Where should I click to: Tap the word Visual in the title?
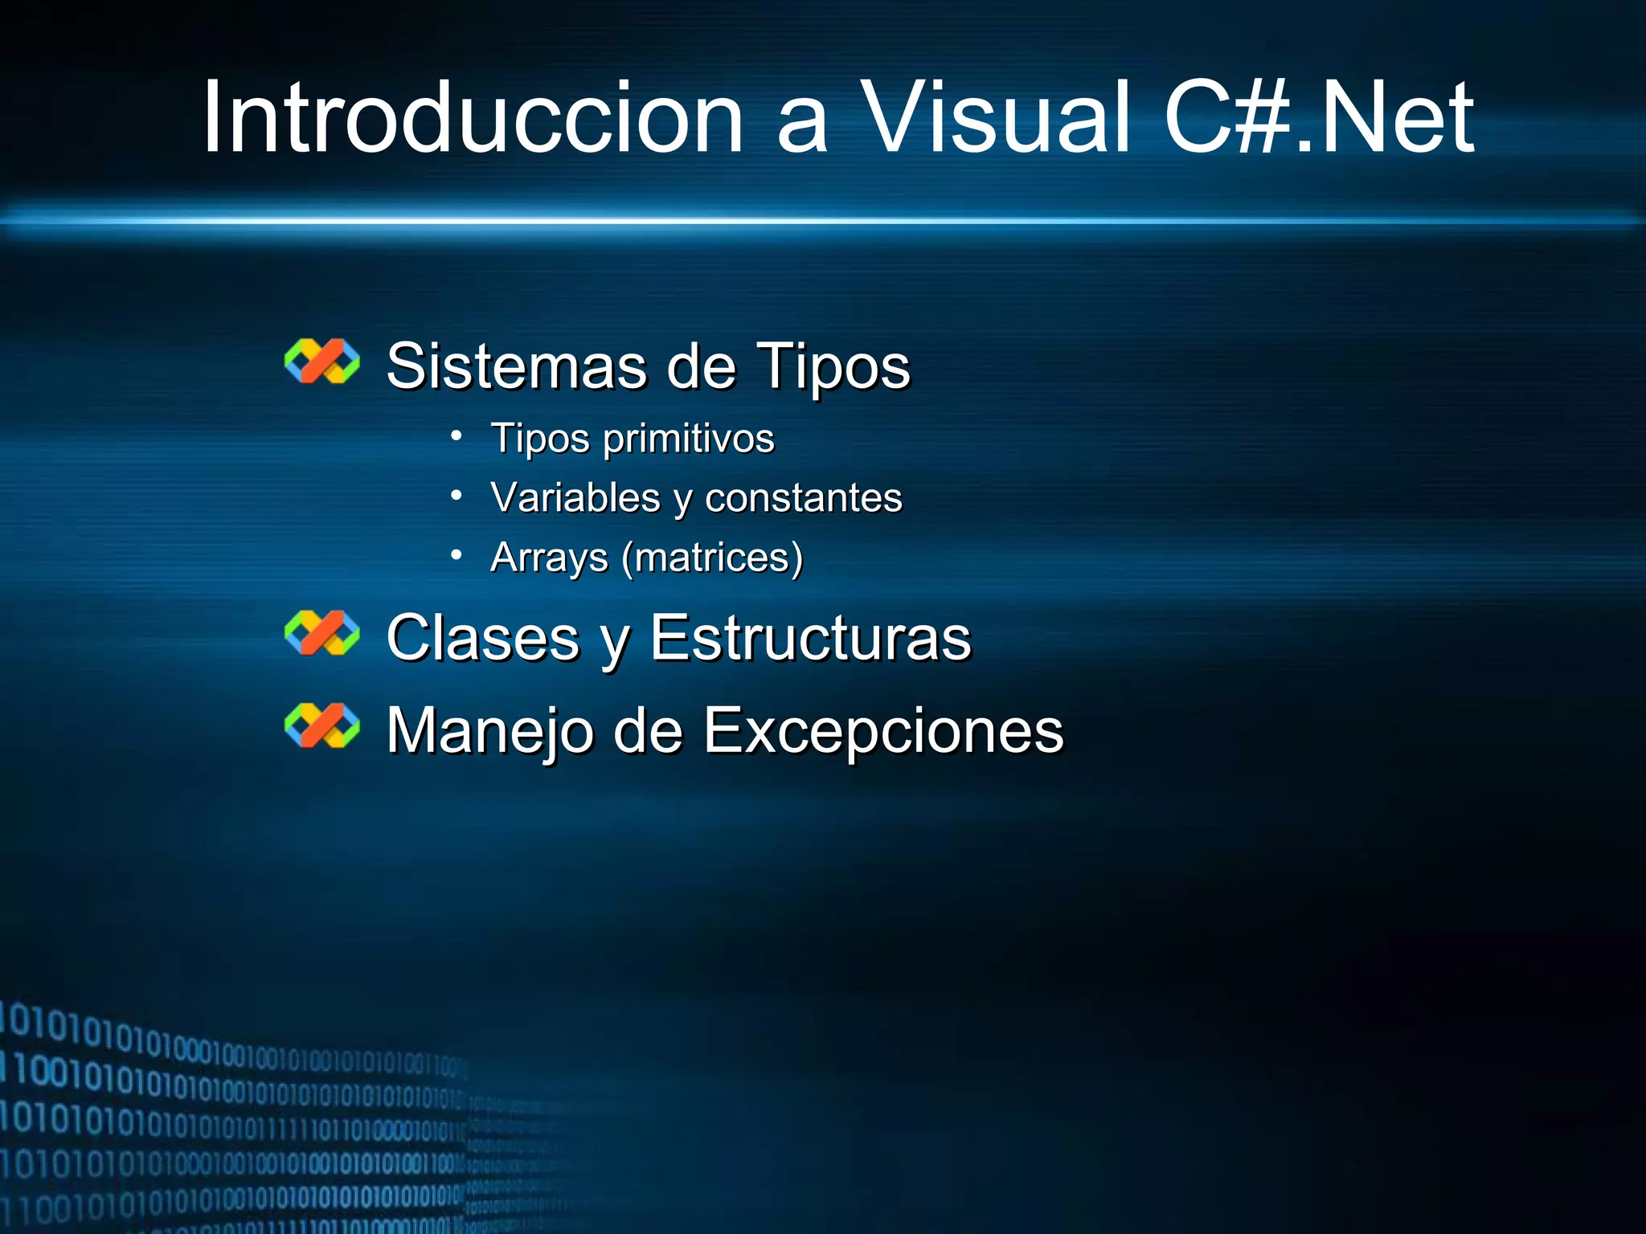(x=997, y=118)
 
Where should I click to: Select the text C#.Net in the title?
(x=1318, y=118)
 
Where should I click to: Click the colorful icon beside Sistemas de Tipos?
(x=322, y=362)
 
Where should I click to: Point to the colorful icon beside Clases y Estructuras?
(x=322, y=633)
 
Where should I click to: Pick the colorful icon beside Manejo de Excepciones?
(x=322, y=725)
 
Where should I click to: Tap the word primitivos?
(x=688, y=439)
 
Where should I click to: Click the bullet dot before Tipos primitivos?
(x=457, y=436)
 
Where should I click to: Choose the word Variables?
(x=575, y=497)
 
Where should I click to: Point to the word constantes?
(x=804, y=498)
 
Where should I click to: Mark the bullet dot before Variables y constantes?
(x=457, y=496)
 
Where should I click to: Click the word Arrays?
(x=549, y=558)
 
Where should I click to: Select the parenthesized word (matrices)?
(x=712, y=558)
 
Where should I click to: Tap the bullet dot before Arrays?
(x=457, y=555)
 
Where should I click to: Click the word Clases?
(x=482, y=638)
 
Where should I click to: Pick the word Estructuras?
(x=810, y=638)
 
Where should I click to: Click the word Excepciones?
(x=883, y=731)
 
